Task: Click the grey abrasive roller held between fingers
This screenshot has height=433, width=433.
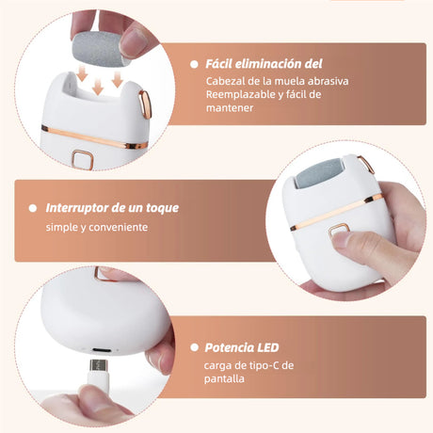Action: coord(100,50)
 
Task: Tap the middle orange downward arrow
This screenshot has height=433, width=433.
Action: coord(98,87)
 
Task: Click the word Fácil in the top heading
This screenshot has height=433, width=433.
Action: coord(218,64)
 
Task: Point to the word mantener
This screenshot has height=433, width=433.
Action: coord(230,108)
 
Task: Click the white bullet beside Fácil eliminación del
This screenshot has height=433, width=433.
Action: coord(194,64)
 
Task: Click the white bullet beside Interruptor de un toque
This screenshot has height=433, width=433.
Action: coord(33,208)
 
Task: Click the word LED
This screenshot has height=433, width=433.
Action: coord(268,347)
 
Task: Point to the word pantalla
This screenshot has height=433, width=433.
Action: coord(224,378)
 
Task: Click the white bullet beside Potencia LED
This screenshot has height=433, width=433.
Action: coord(194,347)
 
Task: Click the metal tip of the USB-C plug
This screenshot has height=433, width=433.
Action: coord(99,365)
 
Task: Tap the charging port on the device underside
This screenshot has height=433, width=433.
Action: coord(101,350)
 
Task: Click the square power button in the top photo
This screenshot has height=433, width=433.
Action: coord(83,160)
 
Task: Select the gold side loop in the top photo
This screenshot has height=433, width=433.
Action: coord(145,104)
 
